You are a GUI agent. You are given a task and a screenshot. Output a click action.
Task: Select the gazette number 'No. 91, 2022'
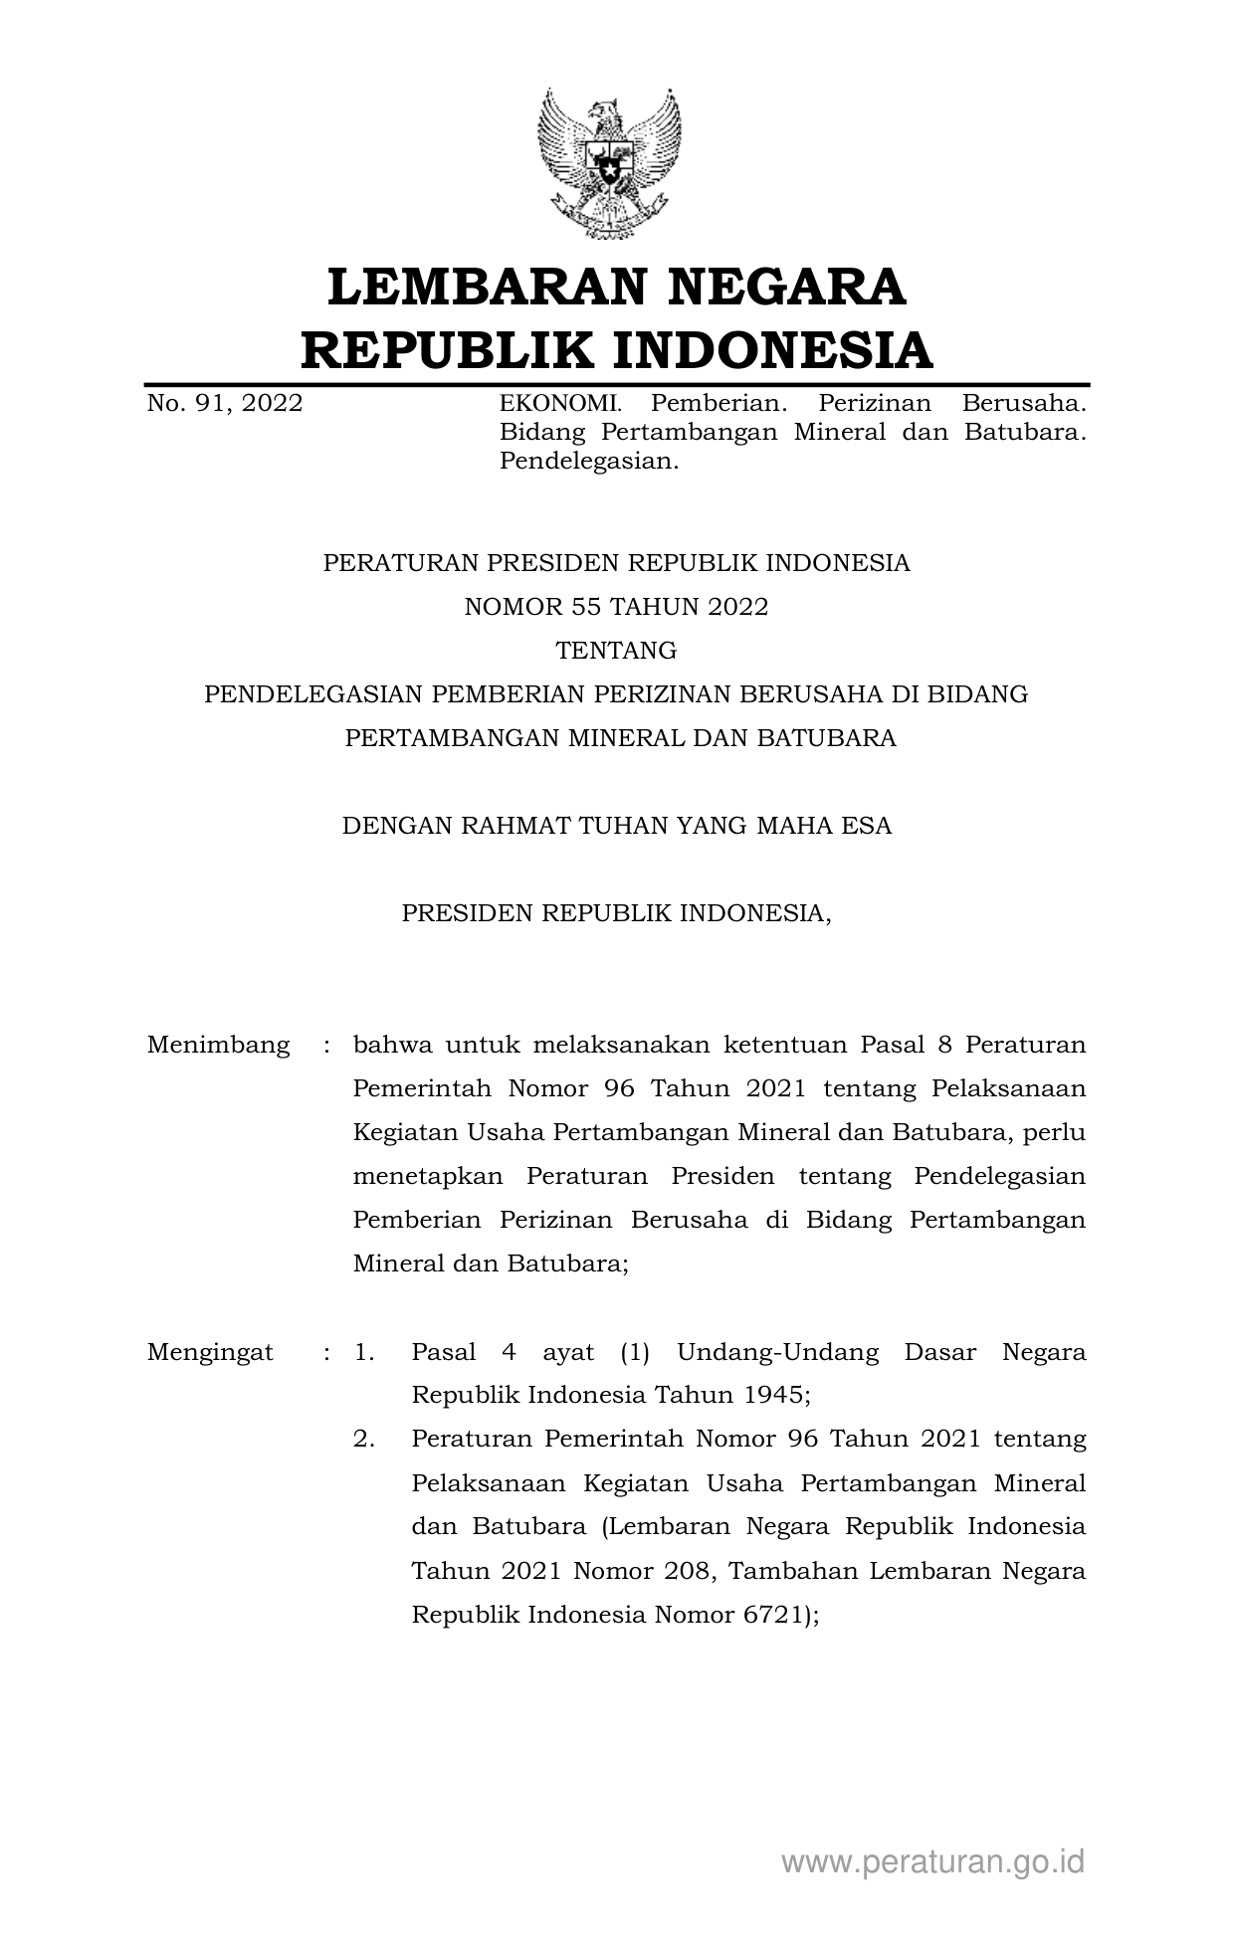point(225,403)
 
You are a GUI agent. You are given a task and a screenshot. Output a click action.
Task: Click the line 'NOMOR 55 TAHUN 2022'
point(616,607)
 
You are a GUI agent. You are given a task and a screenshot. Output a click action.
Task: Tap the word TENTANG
point(616,651)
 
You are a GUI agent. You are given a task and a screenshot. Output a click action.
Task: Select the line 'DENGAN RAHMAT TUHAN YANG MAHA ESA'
point(616,826)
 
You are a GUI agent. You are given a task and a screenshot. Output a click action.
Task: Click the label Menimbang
point(219,1045)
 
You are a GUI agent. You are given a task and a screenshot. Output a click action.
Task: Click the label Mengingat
point(210,1352)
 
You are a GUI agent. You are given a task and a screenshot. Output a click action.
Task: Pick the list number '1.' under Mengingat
point(364,1352)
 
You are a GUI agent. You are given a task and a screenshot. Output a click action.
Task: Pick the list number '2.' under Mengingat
point(364,1439)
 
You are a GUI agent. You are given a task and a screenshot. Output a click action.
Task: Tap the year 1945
point(776,1395)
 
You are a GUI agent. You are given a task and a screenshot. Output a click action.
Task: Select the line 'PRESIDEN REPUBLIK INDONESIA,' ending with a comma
point(616,913)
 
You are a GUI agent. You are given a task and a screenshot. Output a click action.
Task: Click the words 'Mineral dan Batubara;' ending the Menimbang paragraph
point(491,1263)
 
